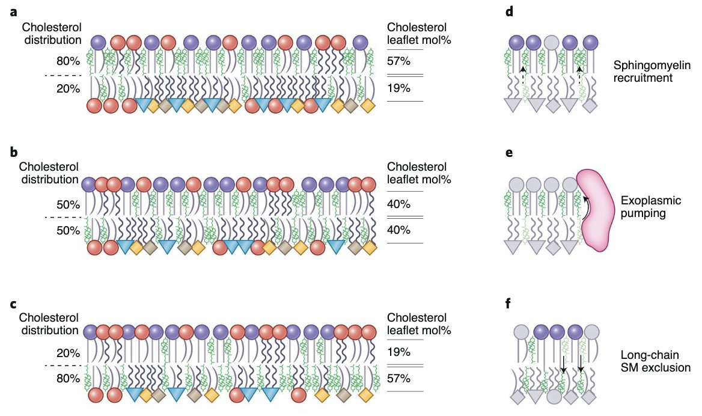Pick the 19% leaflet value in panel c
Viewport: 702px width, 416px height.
tap(399, 352)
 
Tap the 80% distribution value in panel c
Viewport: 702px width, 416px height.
tap(68, 379)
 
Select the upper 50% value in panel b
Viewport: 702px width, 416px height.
tap(68, 205)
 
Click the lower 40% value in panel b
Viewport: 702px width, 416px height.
tap(399, 230)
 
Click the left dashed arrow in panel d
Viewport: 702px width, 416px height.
tap(523, 77)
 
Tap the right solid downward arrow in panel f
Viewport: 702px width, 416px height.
tap(581, 363)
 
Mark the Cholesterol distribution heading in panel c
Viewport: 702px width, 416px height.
tap(48, 323)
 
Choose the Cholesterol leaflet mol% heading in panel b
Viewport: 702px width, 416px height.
tap(418, 173)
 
